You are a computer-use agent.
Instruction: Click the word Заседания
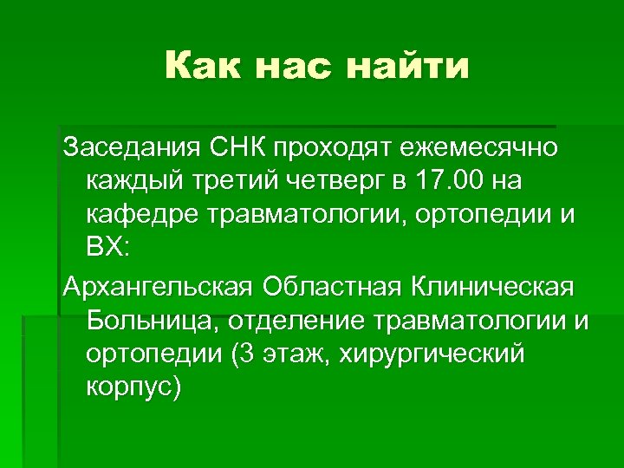coord(130,147)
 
